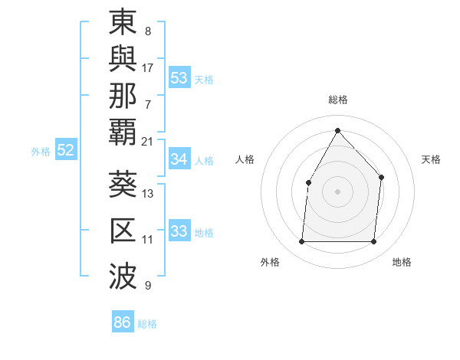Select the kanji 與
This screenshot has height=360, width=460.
pyautogui.click(x=124, y=60)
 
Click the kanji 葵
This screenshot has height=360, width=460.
pyautogui.click(x=124, y=186)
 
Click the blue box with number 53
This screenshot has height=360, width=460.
pyautogui.click(x=179, y=78)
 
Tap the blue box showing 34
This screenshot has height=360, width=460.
pyautogui.click(x=179, y=159)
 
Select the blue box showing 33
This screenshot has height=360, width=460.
pyautogui.click(x=179, y=231)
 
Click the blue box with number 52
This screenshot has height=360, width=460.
pyautogui.click(x=65, y=151)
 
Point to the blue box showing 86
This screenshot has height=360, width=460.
pyautogui.click(x=122, y=322)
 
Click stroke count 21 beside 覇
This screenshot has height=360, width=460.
pyautogui.click(x=147, y=141)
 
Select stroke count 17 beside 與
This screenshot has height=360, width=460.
pyautogui.click(x=147, y=67)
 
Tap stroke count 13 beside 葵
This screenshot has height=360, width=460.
pyautogui.click(x=147, y=194)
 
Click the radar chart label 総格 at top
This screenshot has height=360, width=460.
pyautogui.click(x=337, y=100)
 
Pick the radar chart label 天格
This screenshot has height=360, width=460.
pyautogui.click(x=431, y=159)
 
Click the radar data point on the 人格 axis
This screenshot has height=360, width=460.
pyautogui.click(x=308, y=182)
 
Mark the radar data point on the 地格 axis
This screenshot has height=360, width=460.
pyautogui.click(x=373, y=242)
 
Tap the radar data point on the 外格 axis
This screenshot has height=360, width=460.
pyautogui.click(x=301, y=242)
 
